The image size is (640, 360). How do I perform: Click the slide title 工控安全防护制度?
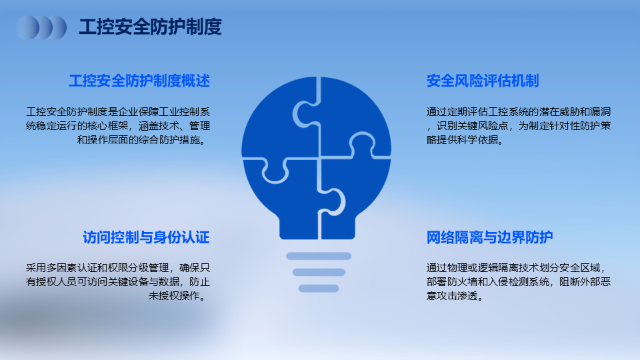(150, 27)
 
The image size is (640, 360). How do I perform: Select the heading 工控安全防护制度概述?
(139, 81)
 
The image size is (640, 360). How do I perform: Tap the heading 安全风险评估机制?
(483, 81)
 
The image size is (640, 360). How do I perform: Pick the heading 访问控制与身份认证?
(146, 237)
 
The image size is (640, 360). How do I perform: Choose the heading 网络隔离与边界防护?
(490, 237)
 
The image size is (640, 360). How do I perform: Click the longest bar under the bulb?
(319, 256)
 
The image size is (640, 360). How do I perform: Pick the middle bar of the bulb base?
(319, 272)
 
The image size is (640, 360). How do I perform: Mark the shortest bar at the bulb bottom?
(319, 289)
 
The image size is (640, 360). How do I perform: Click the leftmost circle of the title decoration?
(28, 28)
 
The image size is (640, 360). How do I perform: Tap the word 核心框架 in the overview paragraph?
(108, 126)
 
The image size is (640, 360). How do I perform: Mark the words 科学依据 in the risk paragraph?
(477, 139)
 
